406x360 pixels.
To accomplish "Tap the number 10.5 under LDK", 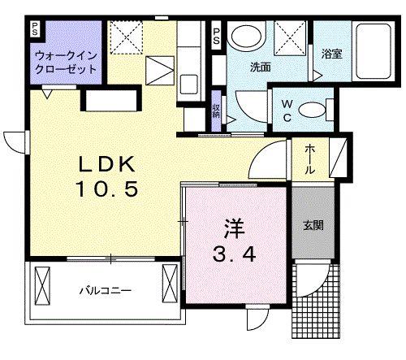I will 113,189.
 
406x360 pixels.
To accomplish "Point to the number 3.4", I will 236,254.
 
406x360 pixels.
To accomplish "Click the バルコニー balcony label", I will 105,289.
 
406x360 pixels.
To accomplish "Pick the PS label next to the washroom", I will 216,37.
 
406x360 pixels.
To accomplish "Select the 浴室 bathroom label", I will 330,55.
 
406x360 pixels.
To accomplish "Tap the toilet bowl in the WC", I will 323,108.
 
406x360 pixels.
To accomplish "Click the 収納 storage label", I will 217,111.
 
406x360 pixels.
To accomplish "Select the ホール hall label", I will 311,160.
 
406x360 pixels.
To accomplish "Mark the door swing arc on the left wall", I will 15,140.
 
